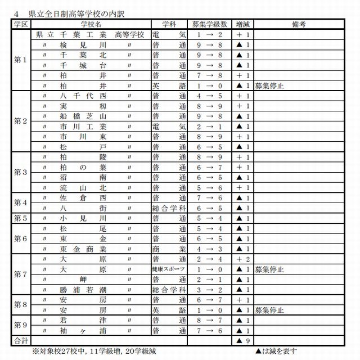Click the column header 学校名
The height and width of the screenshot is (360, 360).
click(90, 24)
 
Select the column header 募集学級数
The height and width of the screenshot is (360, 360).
click(209, 24)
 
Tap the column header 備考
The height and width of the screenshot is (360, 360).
click(299, 24)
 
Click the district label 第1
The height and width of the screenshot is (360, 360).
click(20, 60)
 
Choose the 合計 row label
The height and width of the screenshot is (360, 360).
click(20, 340)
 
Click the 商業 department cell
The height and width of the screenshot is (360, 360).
click(168, 249)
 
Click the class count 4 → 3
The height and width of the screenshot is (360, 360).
click(209, 249)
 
